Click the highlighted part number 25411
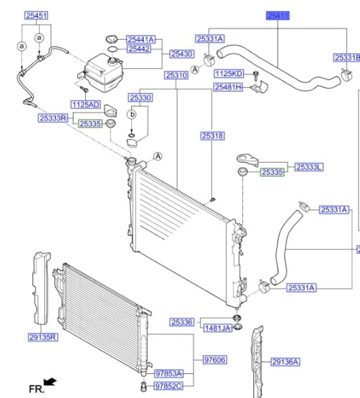pos(278,16)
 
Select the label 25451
pos(36,16)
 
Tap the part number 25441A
pos(141,39)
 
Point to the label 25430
pos(182,54)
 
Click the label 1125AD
pos(86,105)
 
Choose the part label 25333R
pos(53,118)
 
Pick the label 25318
pos(213,136)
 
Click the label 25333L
pos(309,167)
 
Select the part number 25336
pos(182,322)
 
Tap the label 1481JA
pos(218,328)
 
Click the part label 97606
pos(215,360)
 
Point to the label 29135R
pos(43,337)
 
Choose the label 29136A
pos(285,362)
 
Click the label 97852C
pos(168,386)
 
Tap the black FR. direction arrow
pos(50,382)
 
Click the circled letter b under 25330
pos(132,115)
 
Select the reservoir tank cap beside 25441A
pos(112,39)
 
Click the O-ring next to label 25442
pos(112,49)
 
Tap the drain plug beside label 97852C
pos(144,386)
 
